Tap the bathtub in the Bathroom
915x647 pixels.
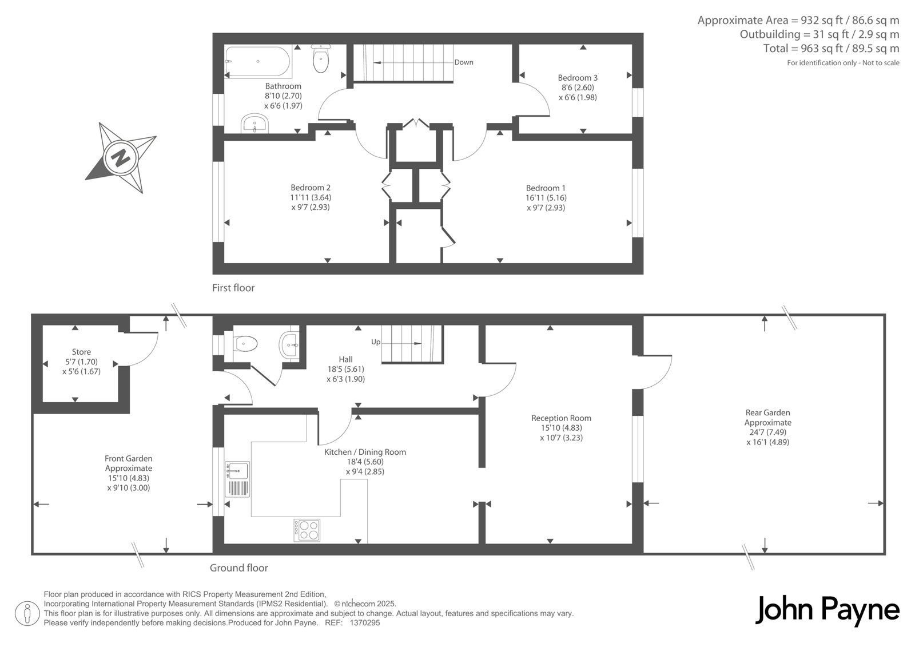(x=258, y=61)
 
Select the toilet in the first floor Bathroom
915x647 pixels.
(x=321, y=58)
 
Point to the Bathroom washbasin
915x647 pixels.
(x=255, y=124)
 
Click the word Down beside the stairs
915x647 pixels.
(x=464, y=62)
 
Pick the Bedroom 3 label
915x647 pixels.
(x=578, y=78)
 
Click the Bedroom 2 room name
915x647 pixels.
(x=311, y=188)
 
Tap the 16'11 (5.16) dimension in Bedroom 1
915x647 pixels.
(x=546, y=198)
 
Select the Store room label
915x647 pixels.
(x=81, y=352)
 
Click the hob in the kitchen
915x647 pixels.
(x=307, y=530)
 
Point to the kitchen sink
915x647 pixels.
(x=237, y=479)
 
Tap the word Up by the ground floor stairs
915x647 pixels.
(x=376, y=342)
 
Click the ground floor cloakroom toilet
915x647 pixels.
(x=245, y=344)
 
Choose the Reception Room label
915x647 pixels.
(x=561, y=418)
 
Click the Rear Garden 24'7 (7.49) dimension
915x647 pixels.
(x=768, y=432)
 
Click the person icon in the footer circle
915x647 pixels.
(x=27, y=613)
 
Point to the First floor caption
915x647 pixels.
(x=233, y=288)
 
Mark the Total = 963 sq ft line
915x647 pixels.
(x=832, y=49)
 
